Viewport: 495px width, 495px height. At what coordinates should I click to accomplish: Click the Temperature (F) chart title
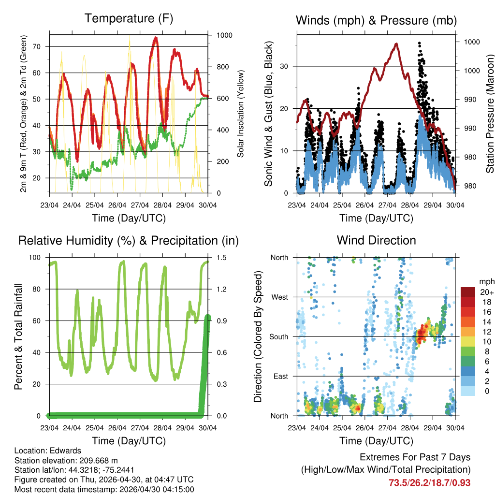[129, 19]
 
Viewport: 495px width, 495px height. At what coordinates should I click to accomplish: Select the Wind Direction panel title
[376, 240]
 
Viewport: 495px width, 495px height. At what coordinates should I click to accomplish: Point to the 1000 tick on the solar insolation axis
[225, 35]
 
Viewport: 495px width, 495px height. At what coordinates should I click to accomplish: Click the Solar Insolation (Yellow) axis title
[241, 114]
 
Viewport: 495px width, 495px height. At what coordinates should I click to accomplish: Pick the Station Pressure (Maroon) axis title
[490, 114]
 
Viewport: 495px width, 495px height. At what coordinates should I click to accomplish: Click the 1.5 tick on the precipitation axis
[223, 258]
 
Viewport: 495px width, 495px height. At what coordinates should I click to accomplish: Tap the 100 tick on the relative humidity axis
[37, 258]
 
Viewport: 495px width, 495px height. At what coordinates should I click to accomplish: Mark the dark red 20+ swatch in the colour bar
[468, 292]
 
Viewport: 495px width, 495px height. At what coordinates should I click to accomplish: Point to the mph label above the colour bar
[486, 281]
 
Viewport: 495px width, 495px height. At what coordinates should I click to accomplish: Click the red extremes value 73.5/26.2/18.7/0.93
[429, 482]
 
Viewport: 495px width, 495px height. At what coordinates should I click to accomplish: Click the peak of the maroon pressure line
[396, 44]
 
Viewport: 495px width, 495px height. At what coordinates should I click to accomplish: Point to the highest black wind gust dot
[419, 43]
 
